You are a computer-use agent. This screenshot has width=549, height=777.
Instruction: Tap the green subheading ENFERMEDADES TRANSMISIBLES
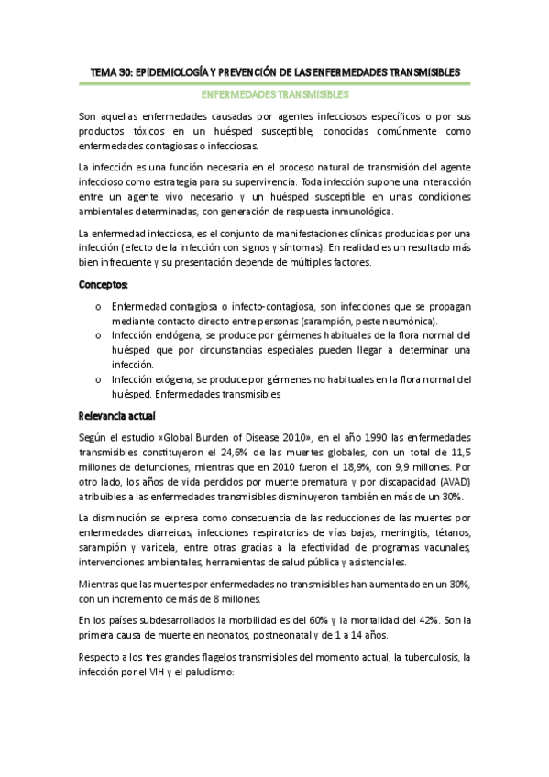pos(274,94)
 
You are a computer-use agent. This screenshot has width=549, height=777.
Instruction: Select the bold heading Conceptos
pos(104,286)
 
